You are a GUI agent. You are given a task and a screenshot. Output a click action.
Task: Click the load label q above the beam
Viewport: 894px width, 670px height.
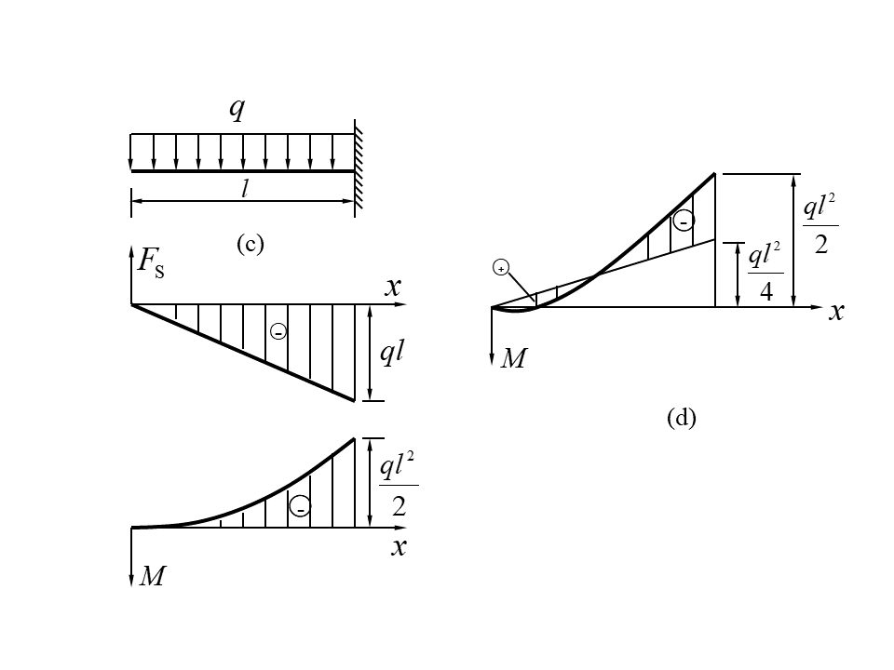[x=237, y=110]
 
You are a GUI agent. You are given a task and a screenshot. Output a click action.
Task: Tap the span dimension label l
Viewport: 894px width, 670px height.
[x=245, y=189]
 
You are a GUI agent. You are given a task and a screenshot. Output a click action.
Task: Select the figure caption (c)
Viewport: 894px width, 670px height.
[x=251, y=244]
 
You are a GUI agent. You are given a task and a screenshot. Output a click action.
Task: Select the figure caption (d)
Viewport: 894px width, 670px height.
[x=682, y=418]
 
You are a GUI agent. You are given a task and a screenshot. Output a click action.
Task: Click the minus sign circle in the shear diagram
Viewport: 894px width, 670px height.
[x=277, y=331]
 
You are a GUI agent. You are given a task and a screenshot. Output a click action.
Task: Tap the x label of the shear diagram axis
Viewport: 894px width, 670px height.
[x=393, y=288]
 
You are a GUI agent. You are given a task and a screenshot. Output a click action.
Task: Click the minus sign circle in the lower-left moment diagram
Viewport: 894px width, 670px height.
[x=300, y=507]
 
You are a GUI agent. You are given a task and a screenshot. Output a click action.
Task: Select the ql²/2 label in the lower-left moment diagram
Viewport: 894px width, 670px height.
[x=399, y=485]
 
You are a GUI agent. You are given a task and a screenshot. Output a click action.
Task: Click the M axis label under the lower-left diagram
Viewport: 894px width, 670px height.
[x=152, y=577]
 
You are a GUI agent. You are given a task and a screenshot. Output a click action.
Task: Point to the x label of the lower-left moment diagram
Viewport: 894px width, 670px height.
[x=399, y=547]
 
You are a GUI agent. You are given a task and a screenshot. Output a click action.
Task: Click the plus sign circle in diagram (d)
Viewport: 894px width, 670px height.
[x=501, y=269]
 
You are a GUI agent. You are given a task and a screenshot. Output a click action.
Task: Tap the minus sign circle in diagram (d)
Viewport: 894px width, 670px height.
[x=684, y=221]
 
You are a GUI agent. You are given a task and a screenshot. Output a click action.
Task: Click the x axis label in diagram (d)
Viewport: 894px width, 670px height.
[x=836, y=312]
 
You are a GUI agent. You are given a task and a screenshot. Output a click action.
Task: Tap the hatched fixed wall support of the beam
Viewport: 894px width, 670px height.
[x=359, y=168]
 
